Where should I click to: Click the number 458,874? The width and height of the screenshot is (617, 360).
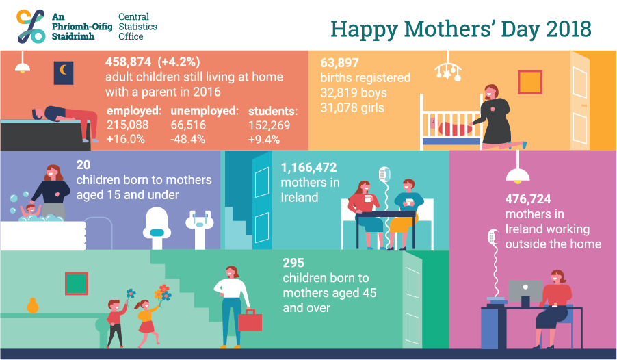128,62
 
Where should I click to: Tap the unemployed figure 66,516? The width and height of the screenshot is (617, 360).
188,125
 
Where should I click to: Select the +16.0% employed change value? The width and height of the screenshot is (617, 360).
126,139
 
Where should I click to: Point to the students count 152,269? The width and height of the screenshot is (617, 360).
269,125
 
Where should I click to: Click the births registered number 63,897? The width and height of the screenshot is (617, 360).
339,63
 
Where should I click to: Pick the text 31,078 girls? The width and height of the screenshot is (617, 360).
352,107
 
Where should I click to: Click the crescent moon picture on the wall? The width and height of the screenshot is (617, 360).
64,73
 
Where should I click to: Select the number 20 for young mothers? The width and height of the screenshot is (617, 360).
83,165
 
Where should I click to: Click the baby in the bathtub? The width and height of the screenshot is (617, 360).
30,211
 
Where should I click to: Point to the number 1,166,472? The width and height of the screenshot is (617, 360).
309,168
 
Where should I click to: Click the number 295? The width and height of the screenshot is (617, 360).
293,263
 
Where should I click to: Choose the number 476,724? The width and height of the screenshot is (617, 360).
528,199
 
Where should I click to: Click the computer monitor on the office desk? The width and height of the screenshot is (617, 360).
525,292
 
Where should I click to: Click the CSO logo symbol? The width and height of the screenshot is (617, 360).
31,27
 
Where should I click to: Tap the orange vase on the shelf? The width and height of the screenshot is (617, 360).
33,306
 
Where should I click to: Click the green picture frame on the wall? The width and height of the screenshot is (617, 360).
77,283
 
